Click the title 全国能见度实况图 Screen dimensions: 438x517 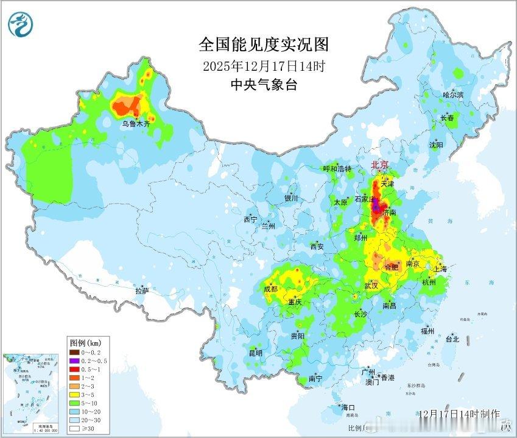click(264, 45)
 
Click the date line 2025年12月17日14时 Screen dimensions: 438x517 click(264, 65)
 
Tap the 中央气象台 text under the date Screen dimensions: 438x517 click(264, 85)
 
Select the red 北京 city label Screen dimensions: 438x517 click(381, 165)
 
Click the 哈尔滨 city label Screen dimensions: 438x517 click(453, 95)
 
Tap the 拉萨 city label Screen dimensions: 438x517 click(142, 292)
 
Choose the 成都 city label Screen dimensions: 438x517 click(271, 289)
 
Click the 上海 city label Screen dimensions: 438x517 click(439, 269)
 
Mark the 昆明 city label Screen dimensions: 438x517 click(255, 353)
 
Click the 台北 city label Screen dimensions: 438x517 click(452, 339)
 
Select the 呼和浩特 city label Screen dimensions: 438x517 click(337, 169)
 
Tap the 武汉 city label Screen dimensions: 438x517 click(371, 285)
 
